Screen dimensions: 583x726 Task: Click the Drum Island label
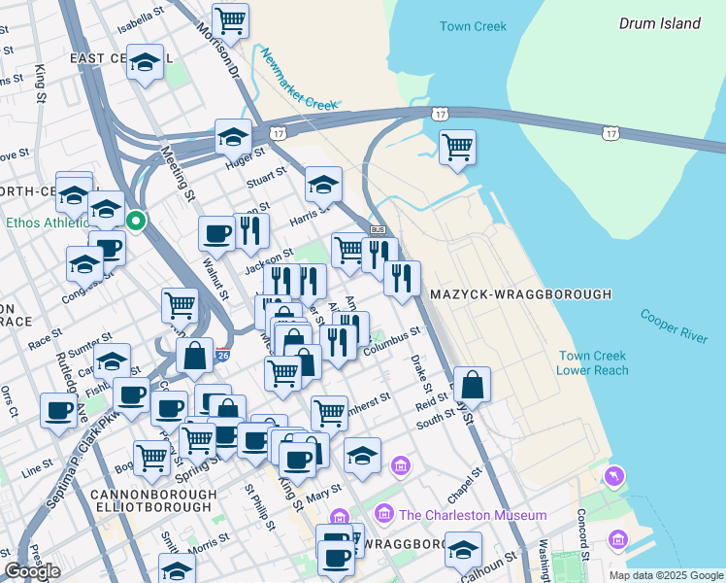tap(660, 23)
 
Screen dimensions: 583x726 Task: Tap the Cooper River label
tap(674, 325)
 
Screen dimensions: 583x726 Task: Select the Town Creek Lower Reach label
tap(593, 363)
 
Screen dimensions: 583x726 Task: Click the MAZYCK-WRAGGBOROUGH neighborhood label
tap(520, 293)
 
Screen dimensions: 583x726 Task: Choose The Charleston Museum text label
tap(472, 514)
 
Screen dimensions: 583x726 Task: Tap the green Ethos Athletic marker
tap(137, 223)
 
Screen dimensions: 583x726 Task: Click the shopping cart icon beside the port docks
tap(457, 148)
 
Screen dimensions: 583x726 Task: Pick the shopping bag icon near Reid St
tap(472, 385)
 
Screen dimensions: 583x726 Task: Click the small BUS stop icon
tap(379, 229)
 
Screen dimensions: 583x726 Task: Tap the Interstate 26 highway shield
tap(223, 356)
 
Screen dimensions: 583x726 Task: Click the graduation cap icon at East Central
tap(145, 63)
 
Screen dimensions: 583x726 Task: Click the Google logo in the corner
tap(32, 571)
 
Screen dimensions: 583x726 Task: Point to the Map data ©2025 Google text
tap(665, 575)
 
